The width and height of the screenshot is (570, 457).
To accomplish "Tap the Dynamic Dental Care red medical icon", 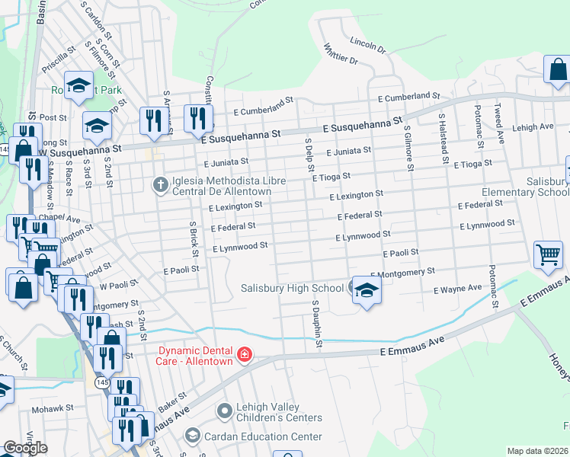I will pyautogui.click(x=244, y=355).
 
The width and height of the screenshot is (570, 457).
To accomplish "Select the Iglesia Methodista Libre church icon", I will pyautogui.click(x=160, y=184).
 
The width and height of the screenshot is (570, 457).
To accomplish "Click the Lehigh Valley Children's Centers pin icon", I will pyautogui.click(x=224, y=411).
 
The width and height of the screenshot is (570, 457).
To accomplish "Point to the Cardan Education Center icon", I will pyautogui.click(x=193, y=436).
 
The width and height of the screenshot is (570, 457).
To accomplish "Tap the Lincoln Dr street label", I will pyautogui.click(x=367, y=44).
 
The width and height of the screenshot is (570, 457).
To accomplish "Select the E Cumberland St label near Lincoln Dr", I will pyautogui.click(x=410, y=97).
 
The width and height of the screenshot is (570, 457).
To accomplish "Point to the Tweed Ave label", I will pyautogui.click(x=500, y=124).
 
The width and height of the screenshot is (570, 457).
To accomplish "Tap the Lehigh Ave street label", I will pyautogui.click(x=533, y=127).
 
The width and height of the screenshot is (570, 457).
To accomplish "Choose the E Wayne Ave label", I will pyautogui.click(x=458, y=289).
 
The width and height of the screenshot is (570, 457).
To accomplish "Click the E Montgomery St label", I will pyautogui.click(x=402, y=272).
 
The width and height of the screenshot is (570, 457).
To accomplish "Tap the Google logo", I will pyautogui.click(x=25, y=448).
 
